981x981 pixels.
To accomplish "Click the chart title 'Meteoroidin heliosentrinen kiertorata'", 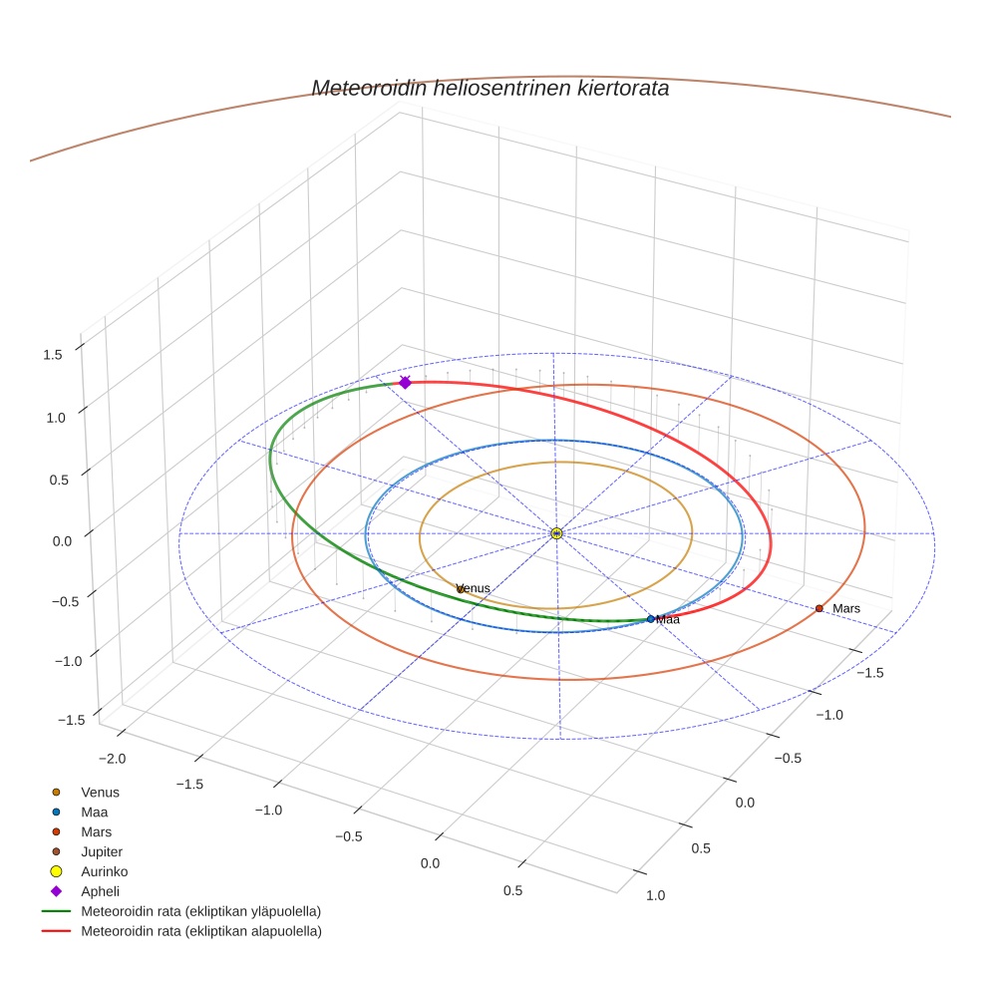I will [490, 88].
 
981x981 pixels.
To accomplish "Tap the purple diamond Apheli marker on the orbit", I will [405, 383].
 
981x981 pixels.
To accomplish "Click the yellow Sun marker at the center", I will [556, 533].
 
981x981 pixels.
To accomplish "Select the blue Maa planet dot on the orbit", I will [651, 619].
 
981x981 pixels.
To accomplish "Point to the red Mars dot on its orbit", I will [819, 608].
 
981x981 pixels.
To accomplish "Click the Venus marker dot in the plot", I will [461, 589].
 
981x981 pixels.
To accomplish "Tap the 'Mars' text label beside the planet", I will [846, 608].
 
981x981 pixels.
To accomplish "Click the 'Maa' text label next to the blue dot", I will [668, 620].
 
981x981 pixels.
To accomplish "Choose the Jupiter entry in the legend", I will [101, 851].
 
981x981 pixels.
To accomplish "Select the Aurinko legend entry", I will [104, 871].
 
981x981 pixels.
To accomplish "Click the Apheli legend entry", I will [99, 891].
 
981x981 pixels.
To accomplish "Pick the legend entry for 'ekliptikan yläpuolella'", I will [200, 911].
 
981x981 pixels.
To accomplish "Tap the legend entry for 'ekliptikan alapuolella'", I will [200, 931].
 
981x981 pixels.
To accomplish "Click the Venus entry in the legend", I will [100, 792].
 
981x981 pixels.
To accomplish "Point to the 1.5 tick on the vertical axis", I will [54, 354].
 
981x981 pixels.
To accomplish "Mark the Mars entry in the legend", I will [96, 831].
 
